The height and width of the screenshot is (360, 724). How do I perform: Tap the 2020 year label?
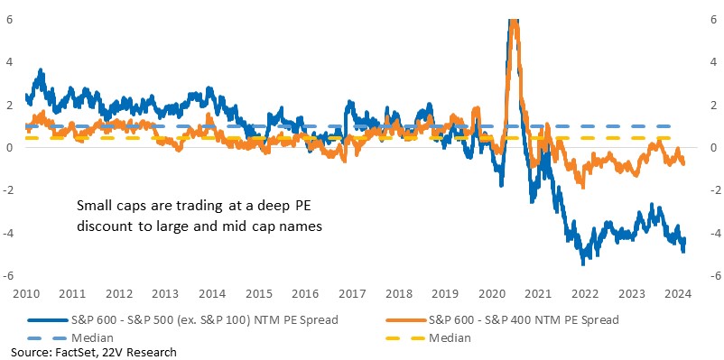pos(492,293)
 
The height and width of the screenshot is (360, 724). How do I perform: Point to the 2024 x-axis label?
pos(679,293)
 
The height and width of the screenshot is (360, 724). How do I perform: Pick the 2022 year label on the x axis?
pos(586,293)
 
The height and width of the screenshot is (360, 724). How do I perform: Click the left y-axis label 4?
pos(8,62)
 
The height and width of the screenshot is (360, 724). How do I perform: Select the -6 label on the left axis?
pos(8,275)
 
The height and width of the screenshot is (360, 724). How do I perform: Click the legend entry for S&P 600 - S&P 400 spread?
pos(501,318)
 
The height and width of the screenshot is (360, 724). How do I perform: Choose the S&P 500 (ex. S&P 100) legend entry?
pos(183,318)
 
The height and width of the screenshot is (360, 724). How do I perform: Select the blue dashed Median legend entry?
pos(70,337)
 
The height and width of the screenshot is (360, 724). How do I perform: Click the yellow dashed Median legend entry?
pos(428,337)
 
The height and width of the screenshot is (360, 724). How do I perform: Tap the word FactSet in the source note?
pos(66,353)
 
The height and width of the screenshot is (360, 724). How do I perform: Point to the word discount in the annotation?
pos(100,226)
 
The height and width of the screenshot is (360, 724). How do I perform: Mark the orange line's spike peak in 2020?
pos(514,21)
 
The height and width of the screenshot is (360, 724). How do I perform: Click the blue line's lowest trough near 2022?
pos(582,263)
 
